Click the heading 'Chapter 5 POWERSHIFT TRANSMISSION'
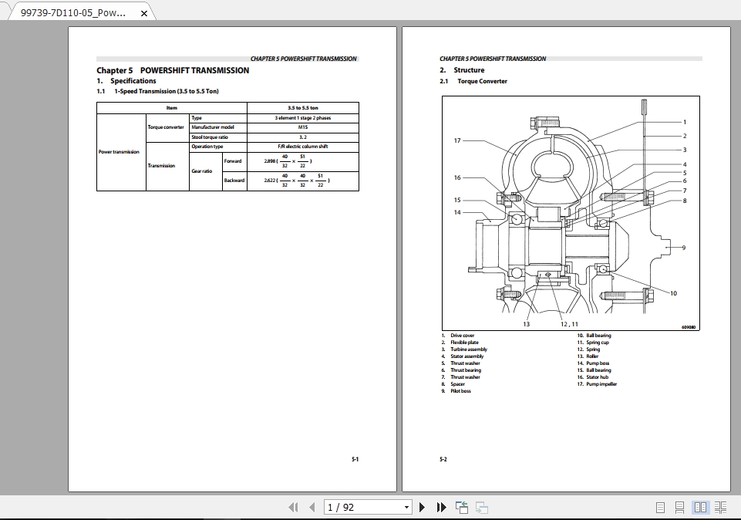click(173, 70)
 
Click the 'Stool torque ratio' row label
click(210, 137)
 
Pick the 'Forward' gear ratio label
click(233, 161)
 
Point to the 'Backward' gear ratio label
click(234, 181)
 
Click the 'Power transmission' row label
click(119, 152)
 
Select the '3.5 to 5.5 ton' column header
click(303, 108)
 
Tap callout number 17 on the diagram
click(457, 140)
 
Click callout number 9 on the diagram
click(683, 248)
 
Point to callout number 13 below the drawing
click(526, 324)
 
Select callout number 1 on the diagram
click(684, 122)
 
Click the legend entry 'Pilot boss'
click(460, 391)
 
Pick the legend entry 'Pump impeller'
click(601, 384)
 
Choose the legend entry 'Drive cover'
click(463, 336)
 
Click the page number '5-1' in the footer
click(355, 460)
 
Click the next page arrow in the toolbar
click(422, 507)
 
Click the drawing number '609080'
click(689, 327)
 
